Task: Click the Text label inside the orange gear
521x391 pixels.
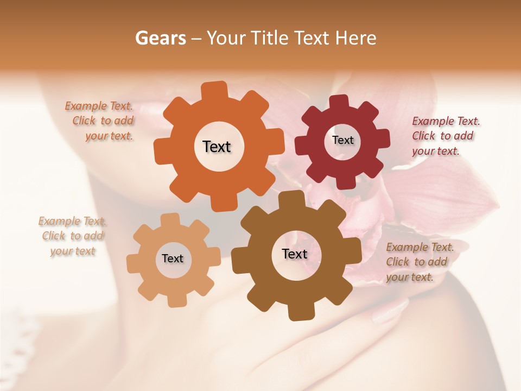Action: pos(217,147)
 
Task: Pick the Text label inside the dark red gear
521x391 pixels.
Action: pos(342,140)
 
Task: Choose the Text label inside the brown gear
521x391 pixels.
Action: pos(295,254)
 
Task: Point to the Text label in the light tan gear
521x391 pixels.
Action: pos(173,258)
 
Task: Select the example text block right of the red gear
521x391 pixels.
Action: pos(445,136)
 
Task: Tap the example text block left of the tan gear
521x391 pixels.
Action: pos(72,236)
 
